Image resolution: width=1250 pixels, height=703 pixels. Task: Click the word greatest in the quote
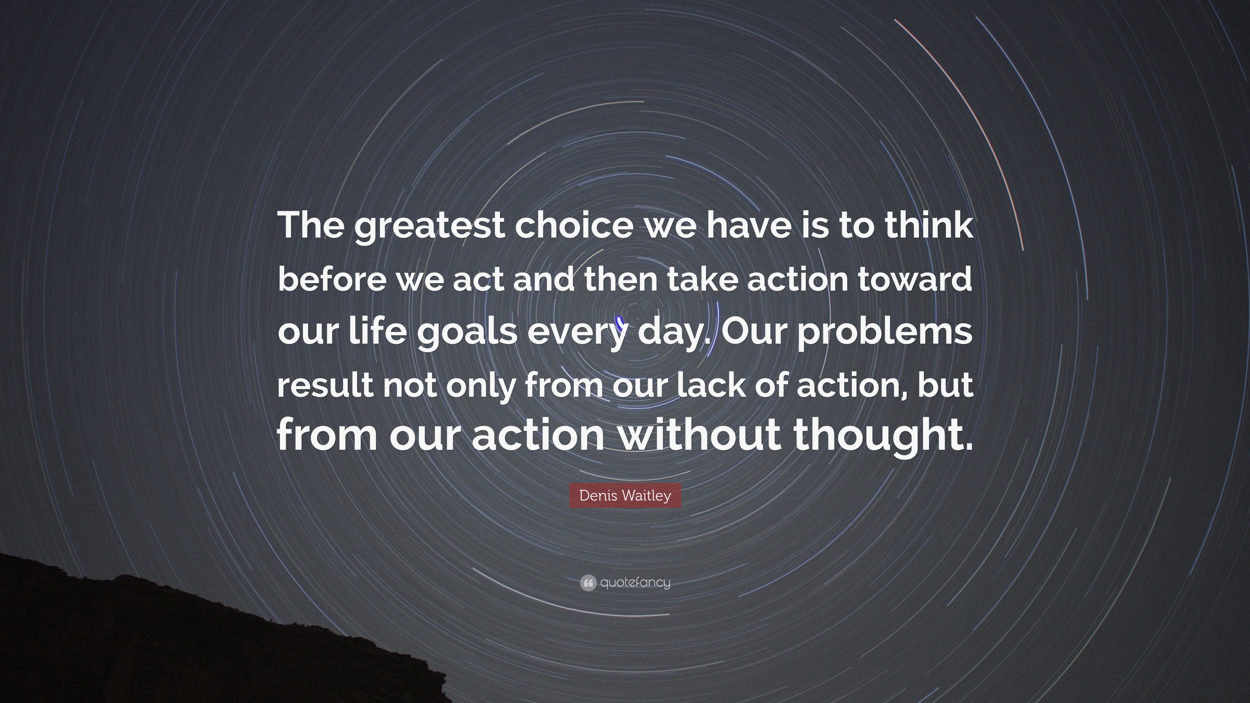tap(430, 227)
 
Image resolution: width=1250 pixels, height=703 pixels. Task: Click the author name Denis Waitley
tap(625, 496)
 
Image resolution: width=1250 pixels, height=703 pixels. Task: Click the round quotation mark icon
tap(588, 583)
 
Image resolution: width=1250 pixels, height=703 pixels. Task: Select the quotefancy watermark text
tap(635, 583)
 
